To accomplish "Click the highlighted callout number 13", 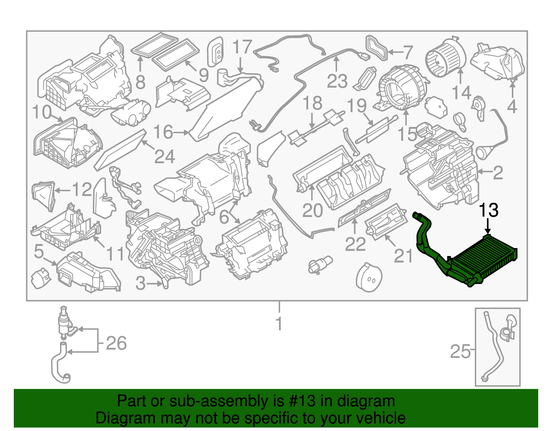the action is pyautogui.click(x=489, y=210).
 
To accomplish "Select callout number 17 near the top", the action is pyautogui.click(x=242, y=47).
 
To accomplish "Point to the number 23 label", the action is pyautogui.click(x=337, y=81).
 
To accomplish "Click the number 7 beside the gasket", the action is pyautogui.click(x=408, y=52).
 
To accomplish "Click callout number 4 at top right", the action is pyautogui.click(x=512, y=107).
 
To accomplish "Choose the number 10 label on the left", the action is pyautogui.click(x=42, y=112).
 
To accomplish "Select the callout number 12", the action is pyautogui.click(x=82, y=189).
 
